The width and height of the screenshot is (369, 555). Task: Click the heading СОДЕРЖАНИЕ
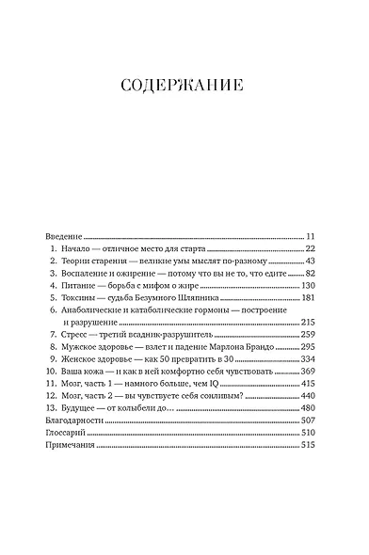184,86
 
